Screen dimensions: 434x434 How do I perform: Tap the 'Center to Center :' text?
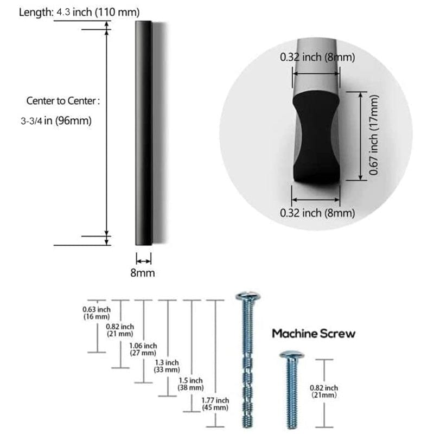point(63,101)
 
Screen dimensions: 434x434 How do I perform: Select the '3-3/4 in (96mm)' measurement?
point(56,121)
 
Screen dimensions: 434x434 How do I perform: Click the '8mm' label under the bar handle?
point(143,273)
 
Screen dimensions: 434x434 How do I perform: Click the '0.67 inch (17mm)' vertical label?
point(373,136)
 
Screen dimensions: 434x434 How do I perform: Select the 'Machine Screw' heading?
point(314,333)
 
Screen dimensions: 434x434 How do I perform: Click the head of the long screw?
point(248,297)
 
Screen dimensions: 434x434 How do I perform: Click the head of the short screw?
point(291,355)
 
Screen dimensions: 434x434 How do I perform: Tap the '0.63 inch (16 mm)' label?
point(97,312)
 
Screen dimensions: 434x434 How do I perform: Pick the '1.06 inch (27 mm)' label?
point(143,349)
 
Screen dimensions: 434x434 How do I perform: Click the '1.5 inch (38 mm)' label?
point(191,384)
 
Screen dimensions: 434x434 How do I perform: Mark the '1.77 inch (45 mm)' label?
point(215,404)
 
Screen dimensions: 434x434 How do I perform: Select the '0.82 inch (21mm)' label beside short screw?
point(324,391)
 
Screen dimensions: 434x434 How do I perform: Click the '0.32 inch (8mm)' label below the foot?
point(317,213)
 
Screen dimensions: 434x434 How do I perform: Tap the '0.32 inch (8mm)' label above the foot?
point(317,57)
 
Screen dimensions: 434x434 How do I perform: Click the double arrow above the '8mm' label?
point(143,260)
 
